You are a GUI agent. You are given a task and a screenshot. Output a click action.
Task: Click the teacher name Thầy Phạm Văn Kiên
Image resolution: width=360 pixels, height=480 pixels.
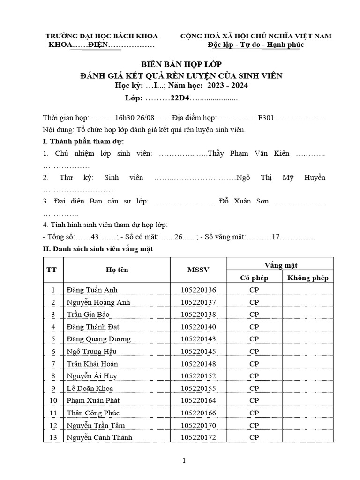pos(248,153)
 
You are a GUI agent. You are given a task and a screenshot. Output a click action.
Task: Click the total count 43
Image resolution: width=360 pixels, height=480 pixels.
pos(96,237)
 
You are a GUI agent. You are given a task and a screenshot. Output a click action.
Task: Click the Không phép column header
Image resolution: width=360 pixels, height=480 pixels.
pos(307,277)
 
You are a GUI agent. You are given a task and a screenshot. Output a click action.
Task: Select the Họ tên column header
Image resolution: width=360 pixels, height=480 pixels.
pos(117,270)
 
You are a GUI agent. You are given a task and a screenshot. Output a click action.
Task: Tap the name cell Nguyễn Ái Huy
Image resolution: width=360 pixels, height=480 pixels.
pos(92,376)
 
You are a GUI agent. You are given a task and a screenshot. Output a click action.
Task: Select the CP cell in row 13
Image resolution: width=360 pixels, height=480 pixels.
pos(254,437)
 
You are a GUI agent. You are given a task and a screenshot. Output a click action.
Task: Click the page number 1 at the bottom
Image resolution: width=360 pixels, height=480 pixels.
pos(185,460)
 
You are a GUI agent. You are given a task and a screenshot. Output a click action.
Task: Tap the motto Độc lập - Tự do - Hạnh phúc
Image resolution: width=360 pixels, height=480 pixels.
pos(256,45)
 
